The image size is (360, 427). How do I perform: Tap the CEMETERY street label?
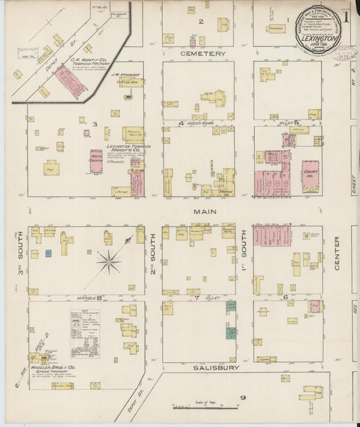click(203, 53)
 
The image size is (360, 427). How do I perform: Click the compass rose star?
click(109, 261)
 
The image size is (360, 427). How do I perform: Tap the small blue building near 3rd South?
click(48, 253)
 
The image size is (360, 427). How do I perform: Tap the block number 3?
click(95, 124)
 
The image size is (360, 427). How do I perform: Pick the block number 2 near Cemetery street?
click(201, 22)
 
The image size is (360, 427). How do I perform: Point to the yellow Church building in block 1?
click(276, 29)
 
